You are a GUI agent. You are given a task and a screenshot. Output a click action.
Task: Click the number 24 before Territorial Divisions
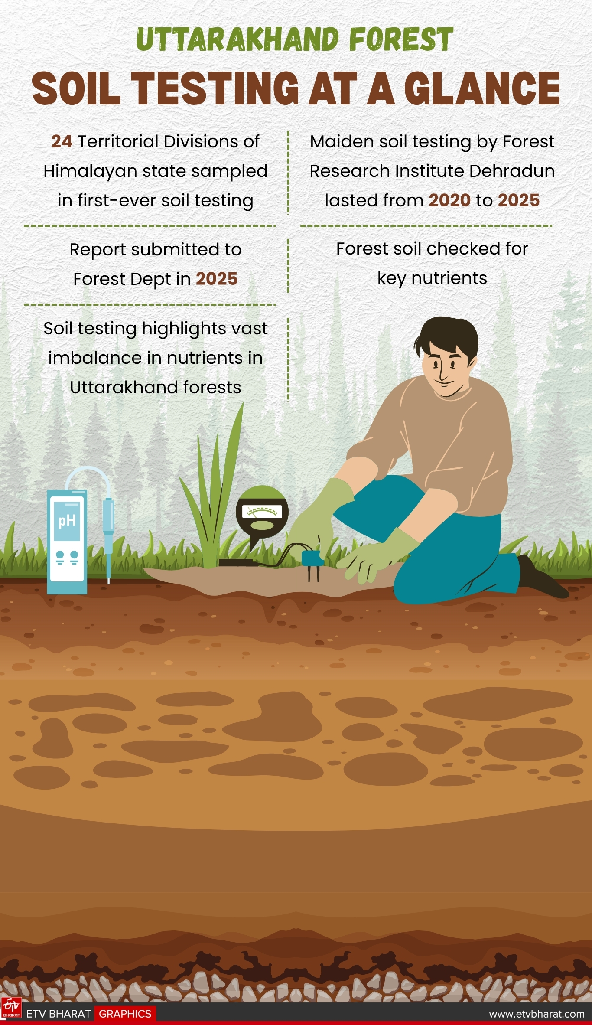click(62, 142)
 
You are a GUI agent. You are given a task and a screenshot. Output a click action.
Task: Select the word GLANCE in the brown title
click(482, 88)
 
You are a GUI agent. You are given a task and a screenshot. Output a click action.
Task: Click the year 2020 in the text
click(449, 200)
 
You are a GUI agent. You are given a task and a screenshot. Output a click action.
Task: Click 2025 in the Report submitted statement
click(217, 279)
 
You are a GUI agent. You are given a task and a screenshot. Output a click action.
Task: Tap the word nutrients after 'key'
click(449, 278)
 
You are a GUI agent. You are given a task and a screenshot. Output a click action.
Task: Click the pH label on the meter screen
click(67, 521)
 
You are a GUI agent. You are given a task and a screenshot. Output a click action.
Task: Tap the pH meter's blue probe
click(108, 533)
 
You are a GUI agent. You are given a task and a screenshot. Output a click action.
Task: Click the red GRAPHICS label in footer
click(125, 1014)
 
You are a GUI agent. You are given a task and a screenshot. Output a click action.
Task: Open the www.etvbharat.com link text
click(537, 1014)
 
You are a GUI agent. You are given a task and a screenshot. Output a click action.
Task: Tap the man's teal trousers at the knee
click(416, 581)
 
